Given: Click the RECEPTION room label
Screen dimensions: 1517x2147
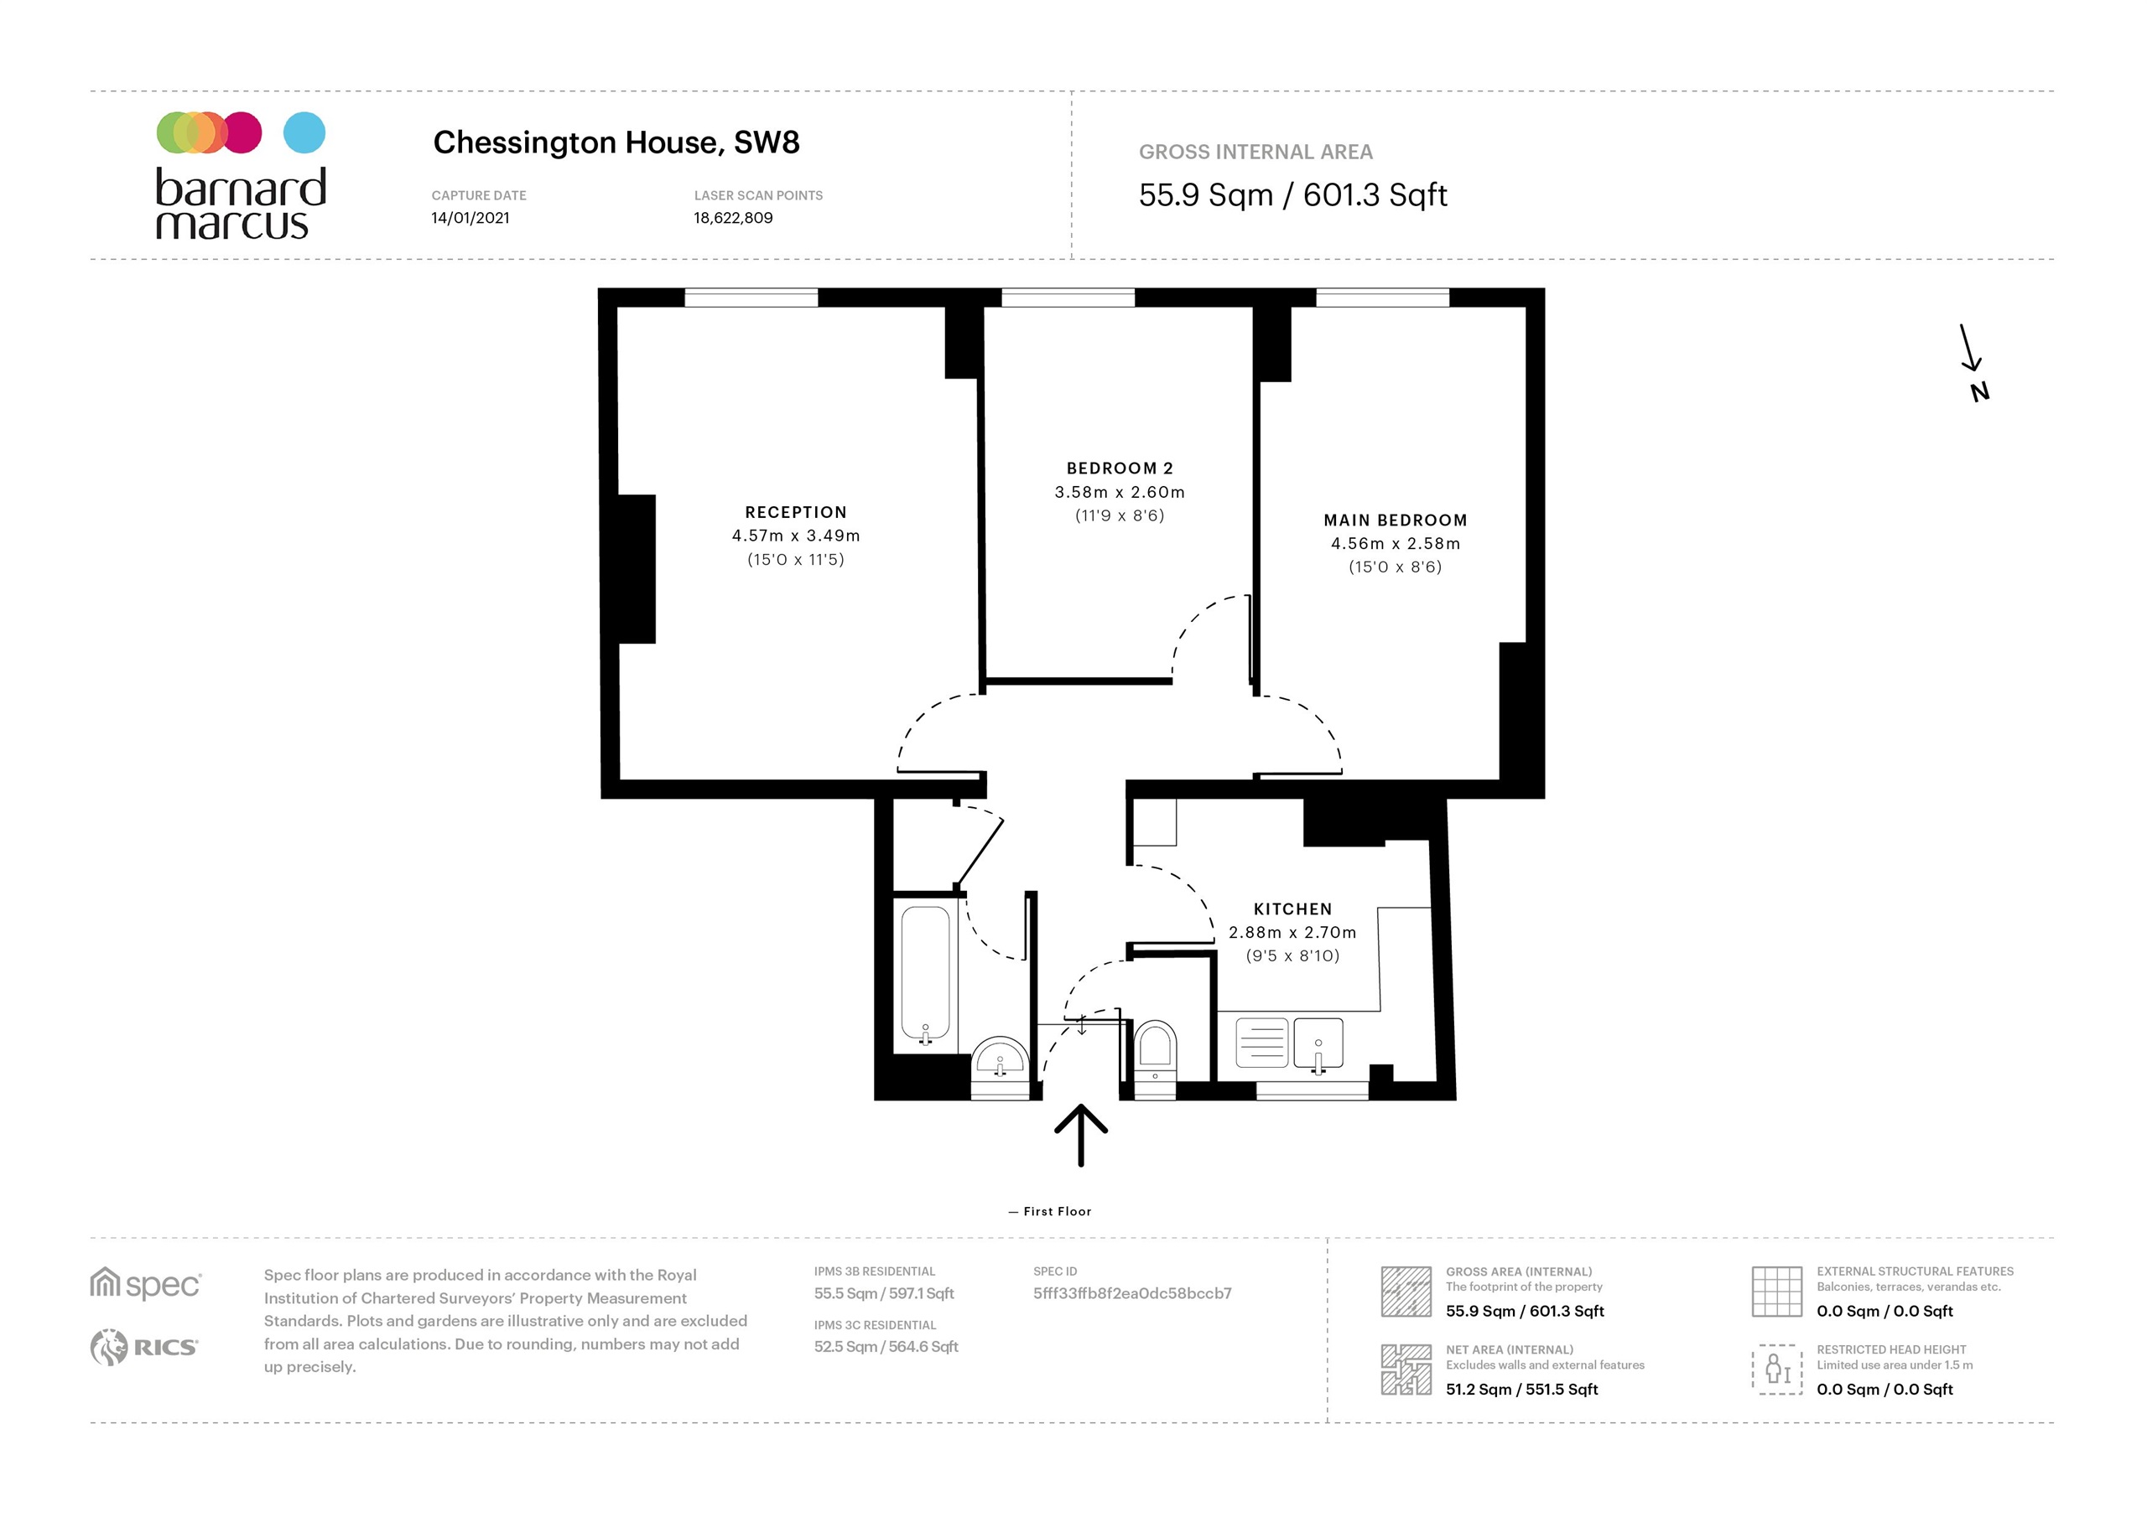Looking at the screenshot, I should pyautogui.click(x=795, y=512).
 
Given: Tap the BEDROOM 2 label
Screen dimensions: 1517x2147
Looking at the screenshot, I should pyautogui.click(x=1120, y=469).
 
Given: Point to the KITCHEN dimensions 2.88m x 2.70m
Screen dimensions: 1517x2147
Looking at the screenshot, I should pyautogui.click(x=1292, y=932).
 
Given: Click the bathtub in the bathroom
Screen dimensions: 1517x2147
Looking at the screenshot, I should pyautogui.click(x=925, y=974).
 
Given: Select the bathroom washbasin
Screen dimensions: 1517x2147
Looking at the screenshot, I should pyautogui.click(x=1000, y=1061).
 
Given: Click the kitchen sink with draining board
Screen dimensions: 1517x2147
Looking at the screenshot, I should pyautogui.click(x=1288, y=1042).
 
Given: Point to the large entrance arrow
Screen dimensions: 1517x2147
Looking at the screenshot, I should pyautogui.click(x=1080, y=1134).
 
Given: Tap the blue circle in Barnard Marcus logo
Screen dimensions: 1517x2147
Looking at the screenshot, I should pyautogui.click(x=304, y=132).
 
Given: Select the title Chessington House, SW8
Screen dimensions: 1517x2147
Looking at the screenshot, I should pyautogui.click(x=616, y=143).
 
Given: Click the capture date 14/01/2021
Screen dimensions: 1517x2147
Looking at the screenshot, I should pyautogui.click(x=470, y=218).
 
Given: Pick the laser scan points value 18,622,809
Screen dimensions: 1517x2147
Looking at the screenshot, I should pyautogui.click(x=732, y=218).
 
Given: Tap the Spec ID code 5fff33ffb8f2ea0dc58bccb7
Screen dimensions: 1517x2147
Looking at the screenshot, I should pyautogui.click(x=1131, y=1293).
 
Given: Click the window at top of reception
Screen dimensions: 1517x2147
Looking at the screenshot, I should pyautogui.click(x=751, y=298).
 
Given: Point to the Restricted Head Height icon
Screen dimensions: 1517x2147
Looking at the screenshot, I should pyautogui.click(x=1775, y=1369).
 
